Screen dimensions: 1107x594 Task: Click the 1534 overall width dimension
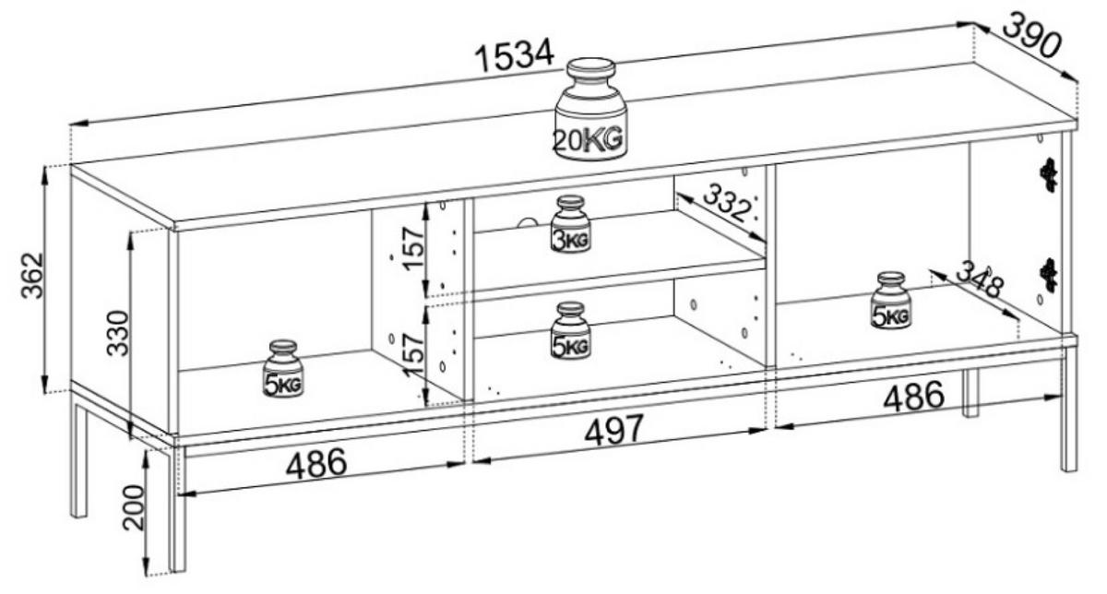pyautogui.click(x=514, y=56)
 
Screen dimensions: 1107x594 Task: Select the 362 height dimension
pyautogui.click(x=32, y=275)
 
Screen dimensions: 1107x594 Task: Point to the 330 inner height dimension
pyautogui.click(x=118, y=333)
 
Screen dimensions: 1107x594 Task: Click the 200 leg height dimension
pyautogui.click(x=134, y=507)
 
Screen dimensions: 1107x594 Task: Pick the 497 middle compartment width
pyautogui.click(x=614, y=429)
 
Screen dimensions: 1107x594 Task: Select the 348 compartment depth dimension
pyautogui.click(x=980, y=279)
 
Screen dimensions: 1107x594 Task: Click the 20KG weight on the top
pyautogui.click(x=590, y=110)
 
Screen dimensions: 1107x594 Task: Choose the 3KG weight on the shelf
pyautogui.click(x=571, y=224)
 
